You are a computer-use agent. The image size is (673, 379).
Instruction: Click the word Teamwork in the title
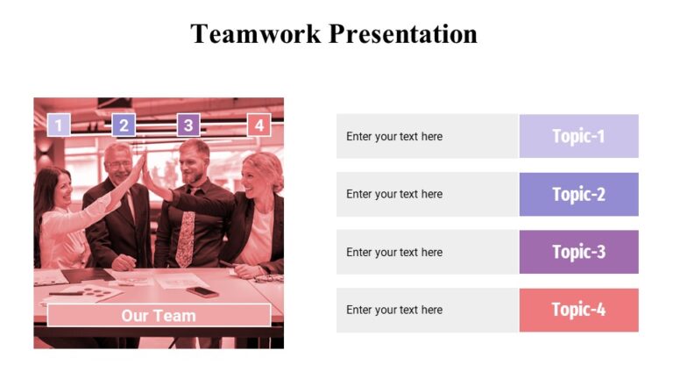click(x=256, y=34)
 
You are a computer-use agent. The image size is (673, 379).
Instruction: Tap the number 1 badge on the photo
click(x=58, y=125)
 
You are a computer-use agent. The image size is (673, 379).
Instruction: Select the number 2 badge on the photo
click(x=124, y=125)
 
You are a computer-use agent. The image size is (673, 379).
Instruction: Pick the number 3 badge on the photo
click(x=188, y=125)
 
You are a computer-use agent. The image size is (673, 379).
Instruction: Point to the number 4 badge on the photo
click(x=259, y=125)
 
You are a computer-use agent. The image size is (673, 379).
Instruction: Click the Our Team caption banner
click(x=159, y=315)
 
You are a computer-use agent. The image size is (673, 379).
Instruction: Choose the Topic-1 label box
click(x=578, y=136)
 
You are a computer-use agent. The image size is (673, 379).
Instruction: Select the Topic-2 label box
click(x=578, y=194)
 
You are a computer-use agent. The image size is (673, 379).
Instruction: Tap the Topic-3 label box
click(x=578, y=252)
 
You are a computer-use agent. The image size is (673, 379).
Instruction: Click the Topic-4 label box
click(x=578, y=310)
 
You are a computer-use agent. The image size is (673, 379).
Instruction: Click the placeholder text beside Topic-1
click(x=394, y=136)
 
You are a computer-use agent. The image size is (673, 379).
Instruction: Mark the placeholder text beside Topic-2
click(x=394, y=194)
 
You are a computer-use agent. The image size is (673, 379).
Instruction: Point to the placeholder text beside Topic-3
click(x=394, y=252)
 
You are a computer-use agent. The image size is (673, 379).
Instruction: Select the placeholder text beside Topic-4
click(x=394, y=310)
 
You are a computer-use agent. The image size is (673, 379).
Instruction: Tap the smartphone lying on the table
click(x=202, y=291)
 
